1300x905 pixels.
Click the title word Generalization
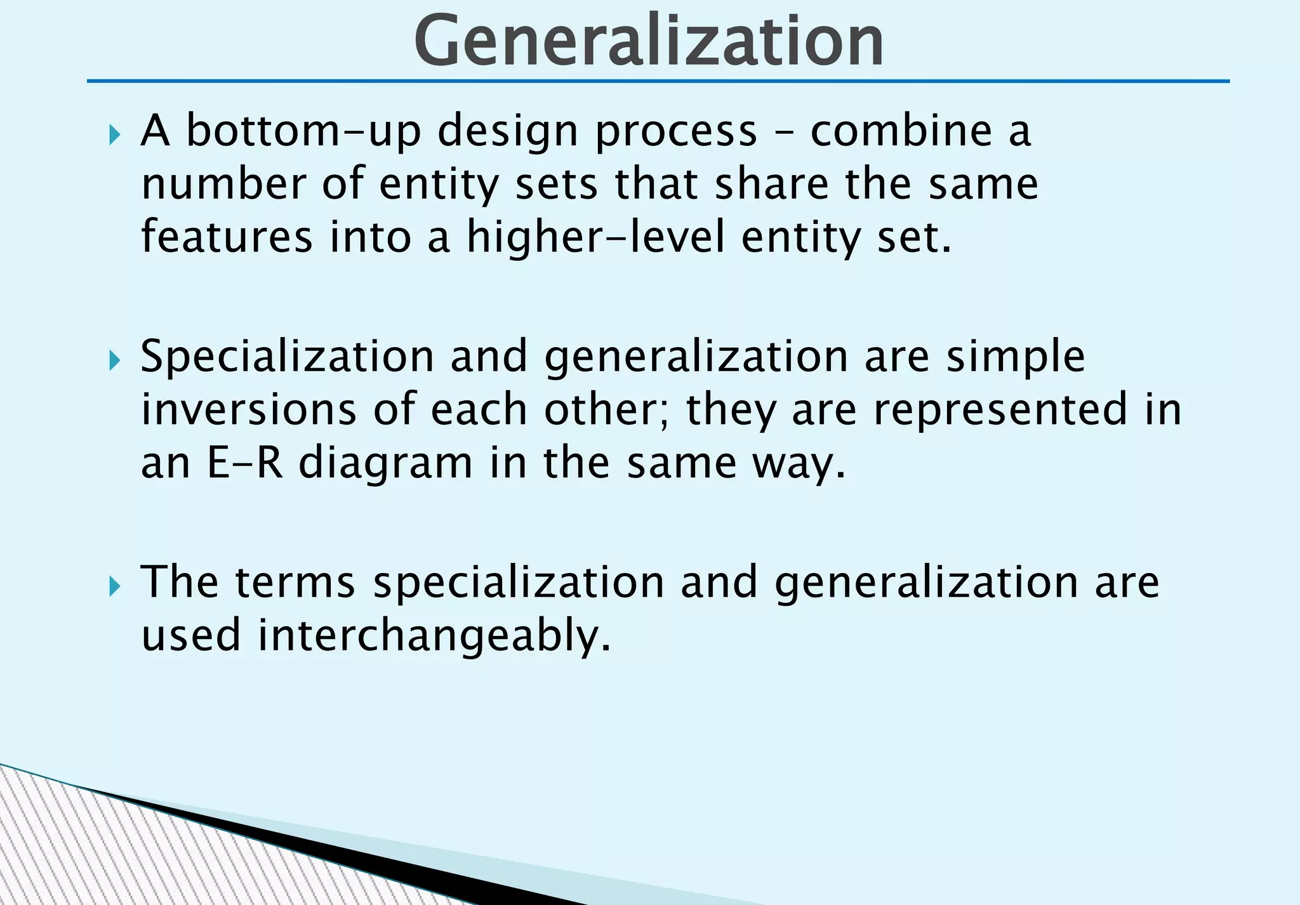[x=649, y=41]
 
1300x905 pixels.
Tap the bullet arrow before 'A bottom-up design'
[x=114, y=135]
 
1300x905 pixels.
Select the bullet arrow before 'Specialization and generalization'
[x=114, y=360]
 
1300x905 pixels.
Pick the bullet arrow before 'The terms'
[x=114, y=586]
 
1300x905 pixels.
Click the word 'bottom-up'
[x=303, y=131]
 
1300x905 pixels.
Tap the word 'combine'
[x=901, y=131]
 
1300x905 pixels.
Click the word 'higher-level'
[x=595, y=239]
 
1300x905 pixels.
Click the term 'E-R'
[x=244, y=463]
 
